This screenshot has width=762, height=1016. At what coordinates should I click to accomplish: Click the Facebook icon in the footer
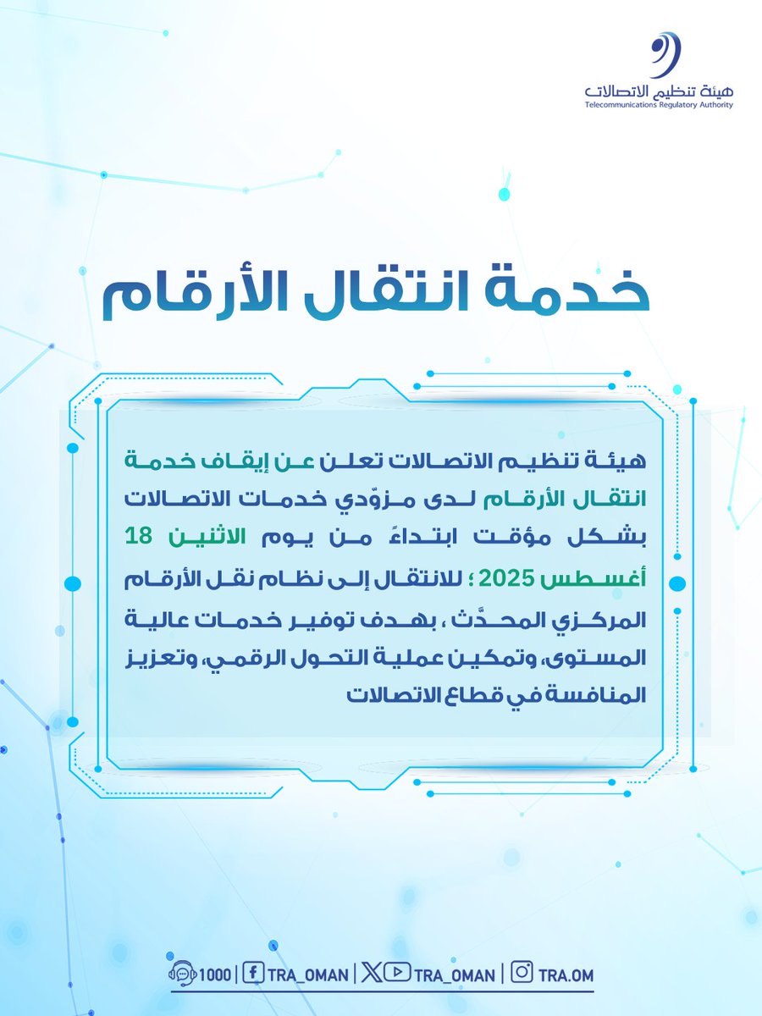pos(251,974)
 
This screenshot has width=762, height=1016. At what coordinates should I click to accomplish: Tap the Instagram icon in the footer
pos(523,974)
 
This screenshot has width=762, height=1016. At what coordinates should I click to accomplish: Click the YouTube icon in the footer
pos(391,974)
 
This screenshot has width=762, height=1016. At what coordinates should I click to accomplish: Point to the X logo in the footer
pos(370,974)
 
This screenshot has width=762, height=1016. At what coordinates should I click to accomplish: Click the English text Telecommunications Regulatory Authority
pos(659,106)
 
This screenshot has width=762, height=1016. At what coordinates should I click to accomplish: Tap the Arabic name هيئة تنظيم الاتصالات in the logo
pos(659,89)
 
